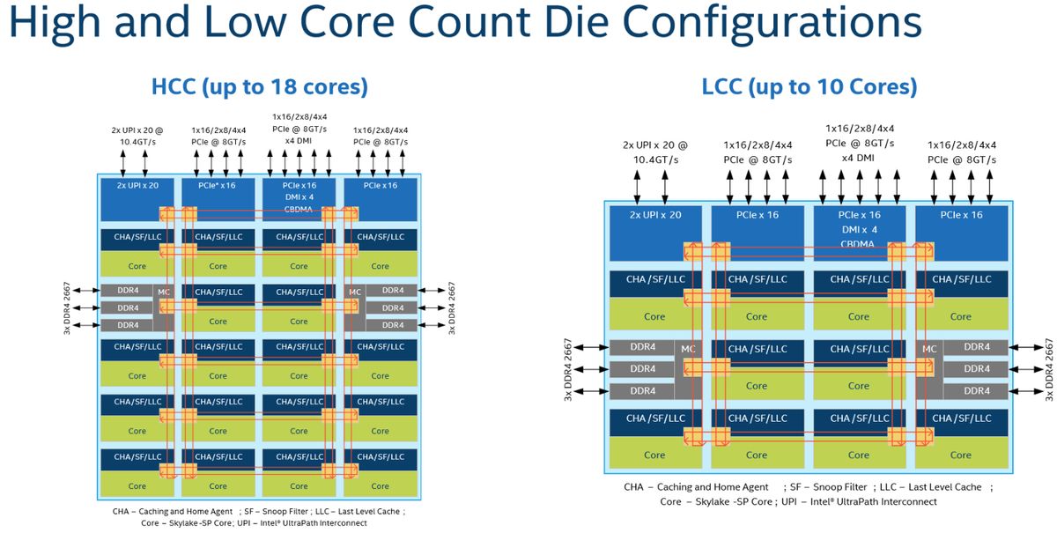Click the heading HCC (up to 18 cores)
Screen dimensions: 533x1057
pos(259,87)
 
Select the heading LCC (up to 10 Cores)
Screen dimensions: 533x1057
pos(809,87)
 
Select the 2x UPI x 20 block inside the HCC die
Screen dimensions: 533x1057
pos(137,186)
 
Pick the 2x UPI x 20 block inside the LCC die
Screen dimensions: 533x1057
pos(654,215)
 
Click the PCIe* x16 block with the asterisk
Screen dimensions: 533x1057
pos(218,186)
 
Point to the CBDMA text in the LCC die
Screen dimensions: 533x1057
pos(858,244)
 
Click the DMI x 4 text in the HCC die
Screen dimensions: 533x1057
pos(299,197)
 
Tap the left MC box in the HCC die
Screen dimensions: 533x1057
pos(163,292)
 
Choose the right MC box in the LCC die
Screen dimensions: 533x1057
pos(929,350)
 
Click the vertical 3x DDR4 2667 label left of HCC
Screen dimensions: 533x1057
pos(67,308)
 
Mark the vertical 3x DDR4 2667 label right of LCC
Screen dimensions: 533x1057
pos(1047,368)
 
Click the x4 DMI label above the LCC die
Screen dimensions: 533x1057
pos(858,158)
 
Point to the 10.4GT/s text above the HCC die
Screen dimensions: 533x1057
pos(137,140)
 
